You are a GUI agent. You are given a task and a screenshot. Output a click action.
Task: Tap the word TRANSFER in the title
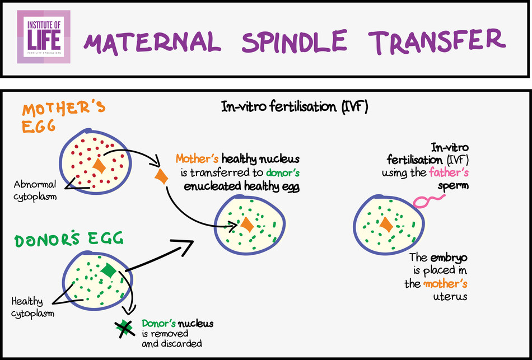437,40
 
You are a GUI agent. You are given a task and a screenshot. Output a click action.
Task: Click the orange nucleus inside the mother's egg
99,166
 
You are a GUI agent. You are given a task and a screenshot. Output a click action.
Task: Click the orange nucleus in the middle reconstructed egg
247,225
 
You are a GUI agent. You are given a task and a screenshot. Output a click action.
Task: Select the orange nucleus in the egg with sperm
386,225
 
